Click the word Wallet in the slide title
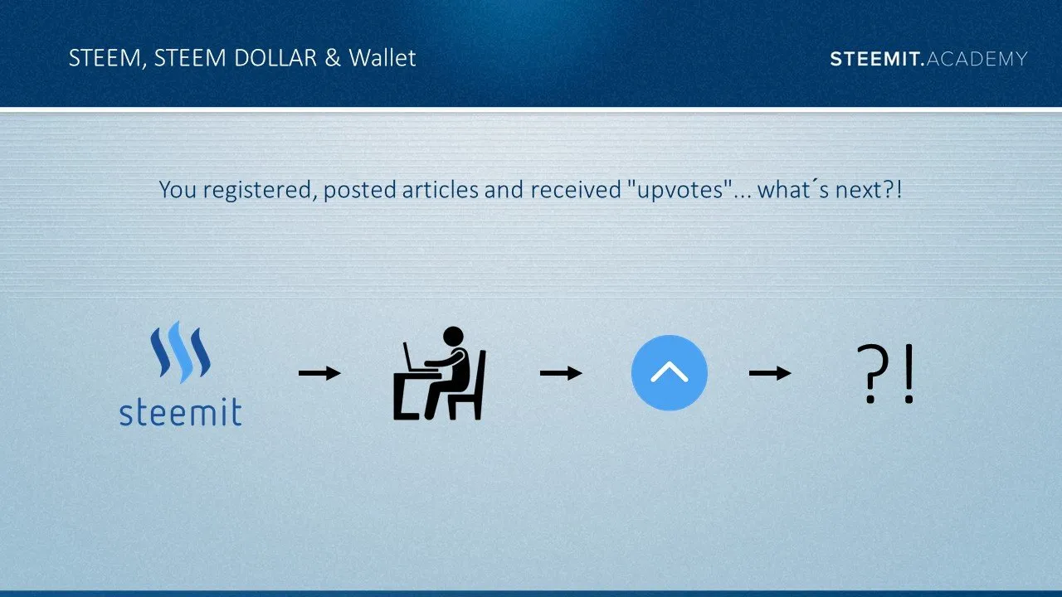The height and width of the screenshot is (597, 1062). pyautogui.click(x=382, y=58)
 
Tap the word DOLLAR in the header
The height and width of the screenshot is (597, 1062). pyautogui.click(x=275, y=58)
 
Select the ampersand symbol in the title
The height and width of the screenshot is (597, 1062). pyautogui.click(x=333, y=58)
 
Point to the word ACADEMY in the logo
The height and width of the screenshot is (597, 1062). pyautogui.click(x=977, y=59)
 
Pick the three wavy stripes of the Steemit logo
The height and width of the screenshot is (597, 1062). pyautogui.click(x=180, y=352)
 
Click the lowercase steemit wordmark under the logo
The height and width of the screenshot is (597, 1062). pyautogui.click(x=181, y=412)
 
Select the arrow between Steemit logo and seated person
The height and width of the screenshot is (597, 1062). pyautogui.click(x=319, y=373)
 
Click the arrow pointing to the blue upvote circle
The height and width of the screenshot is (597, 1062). pyautogui.click(x=561, y=373)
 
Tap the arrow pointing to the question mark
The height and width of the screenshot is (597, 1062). pyautogui.click(x=770, y=373)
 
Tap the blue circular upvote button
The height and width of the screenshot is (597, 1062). pyautogui.click(x=670, y=373)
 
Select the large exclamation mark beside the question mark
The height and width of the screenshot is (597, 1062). pyautogui.click(x=909, y=374)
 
